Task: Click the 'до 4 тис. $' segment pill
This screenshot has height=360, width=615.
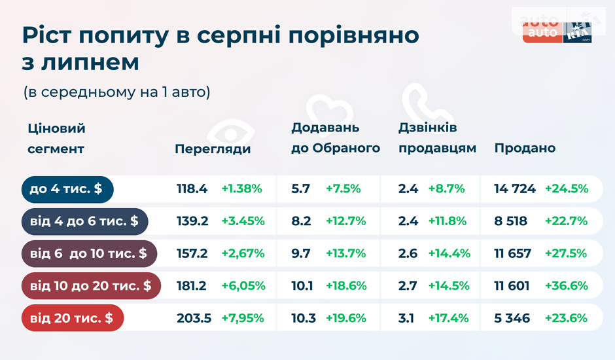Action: pyautogui.click(x=67, y=189)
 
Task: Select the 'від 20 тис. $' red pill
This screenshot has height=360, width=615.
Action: pyautogui.click(x=72, y=319)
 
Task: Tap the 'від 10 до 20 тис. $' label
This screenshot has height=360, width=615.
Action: pyautogui.click(x=90, y=286)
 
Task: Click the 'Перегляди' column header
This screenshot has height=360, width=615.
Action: pyautogui.click(x=213, y=149)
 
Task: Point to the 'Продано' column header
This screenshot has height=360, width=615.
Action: pyautogui.click(x=525, y=148)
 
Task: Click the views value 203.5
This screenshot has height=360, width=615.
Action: pyautogui.click(x=194, y=319)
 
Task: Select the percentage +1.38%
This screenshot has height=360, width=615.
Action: pyautogui.click(x=241, y=189)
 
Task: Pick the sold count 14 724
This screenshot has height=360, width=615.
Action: pyautogui.click(x=515, y=189)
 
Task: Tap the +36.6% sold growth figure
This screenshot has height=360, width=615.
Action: pyautogui.click(x=567, y=286)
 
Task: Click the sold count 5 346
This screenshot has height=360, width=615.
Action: pyautogui.click(x=512, y=319)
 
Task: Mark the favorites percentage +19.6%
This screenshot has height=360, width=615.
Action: pyautogui.click(x=346, y=319)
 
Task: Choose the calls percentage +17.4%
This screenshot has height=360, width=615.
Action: pyautogui.click(x=448, y=319)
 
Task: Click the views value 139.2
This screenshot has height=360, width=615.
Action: pyautogui.click(x=192, y=221)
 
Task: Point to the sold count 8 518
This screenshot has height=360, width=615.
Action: pyautogui.click(x=511, y=221)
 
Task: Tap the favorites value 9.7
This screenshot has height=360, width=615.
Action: pyautogui.click(x=301, y=254)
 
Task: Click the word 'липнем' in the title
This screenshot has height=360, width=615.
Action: pyautogui.click(x=98, y=63)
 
